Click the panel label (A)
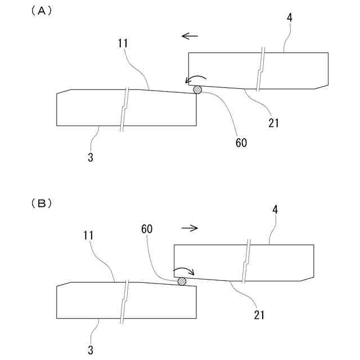tap(41, 11)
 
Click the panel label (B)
tap(41, 204)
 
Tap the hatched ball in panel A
tap(197, 89)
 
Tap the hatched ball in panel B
tap(182, 281)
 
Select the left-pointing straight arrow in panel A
tap(190, 37)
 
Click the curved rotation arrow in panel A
tap(196, 79)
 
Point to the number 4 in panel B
tap(275, 210)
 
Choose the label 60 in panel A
tap(241, 143)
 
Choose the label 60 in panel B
tap(147, 229)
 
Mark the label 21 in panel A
tap(274, 122)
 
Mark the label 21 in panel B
tap(259, 314)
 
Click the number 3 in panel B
tap(91, 350)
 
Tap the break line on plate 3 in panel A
tap(125, 108)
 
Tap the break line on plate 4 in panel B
tap(246, 262)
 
